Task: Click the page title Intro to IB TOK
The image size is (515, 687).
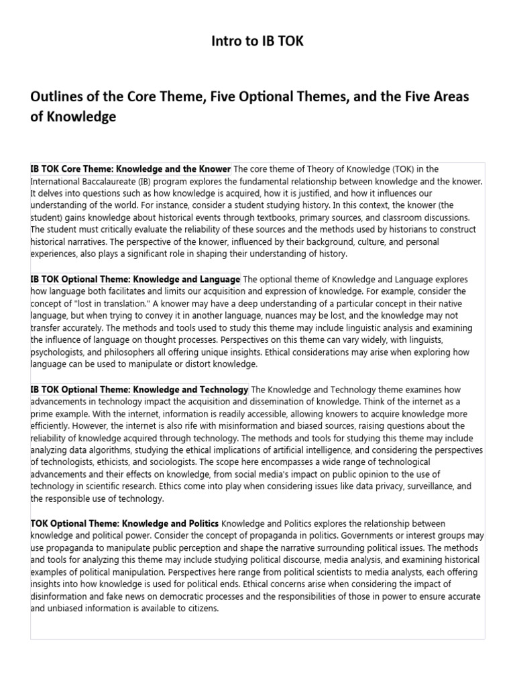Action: coord(257,42)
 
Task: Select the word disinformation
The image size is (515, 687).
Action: coord(62,596)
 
